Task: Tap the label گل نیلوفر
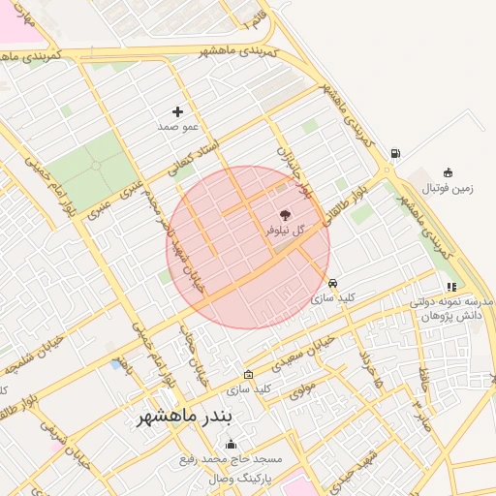click(x=285, y=231)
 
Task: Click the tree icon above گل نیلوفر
click(x=285, y=215)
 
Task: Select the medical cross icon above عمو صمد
click(x=177, y=112)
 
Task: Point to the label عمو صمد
click(x=177, y=127)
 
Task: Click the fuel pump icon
click(x=395, y=154)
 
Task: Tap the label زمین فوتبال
click(x=449, y=189)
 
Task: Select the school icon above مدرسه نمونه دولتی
click(x=451, y=287)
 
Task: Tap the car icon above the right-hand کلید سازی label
click(x=333, y=284)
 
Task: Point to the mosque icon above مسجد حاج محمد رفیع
click(x=231, y=445)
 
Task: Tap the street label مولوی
click(x=303, y=387)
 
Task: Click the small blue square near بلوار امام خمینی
click(x=116, y=364)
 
